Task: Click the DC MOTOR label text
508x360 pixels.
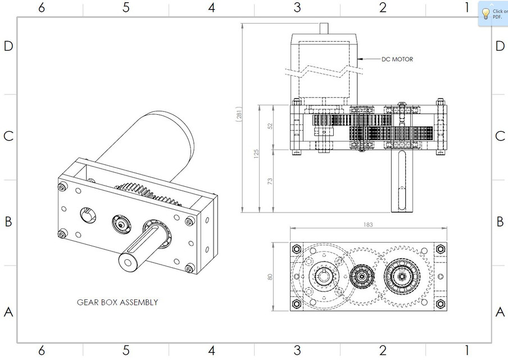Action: click(x=397, y=59)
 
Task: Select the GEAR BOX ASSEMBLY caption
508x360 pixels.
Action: click(x=117, y=302)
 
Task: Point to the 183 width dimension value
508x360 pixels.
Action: click(x=368, y=224)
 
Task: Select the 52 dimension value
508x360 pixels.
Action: click(x=270, y=127)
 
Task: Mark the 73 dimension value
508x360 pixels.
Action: click(x=270, y=181)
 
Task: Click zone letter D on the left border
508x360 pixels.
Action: click(x=8, y=46)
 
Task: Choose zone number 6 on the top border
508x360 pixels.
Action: click(x=41, y=8)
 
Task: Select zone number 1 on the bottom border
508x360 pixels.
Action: click(x=466, y=351)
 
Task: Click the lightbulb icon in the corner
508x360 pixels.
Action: click(x=486, y=13)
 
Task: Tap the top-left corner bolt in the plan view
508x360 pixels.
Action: click(x=296, y=249)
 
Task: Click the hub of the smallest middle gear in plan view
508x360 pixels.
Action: click(x=360, y=276)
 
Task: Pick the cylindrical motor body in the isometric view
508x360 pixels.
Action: click(x=163, y=141)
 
